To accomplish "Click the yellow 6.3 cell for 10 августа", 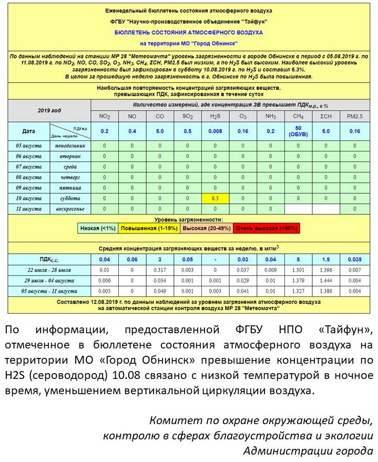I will (x=215, y=199).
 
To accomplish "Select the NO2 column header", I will (x=105, y=116).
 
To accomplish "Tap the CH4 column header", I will (x=298, y=116).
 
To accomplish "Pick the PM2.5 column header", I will (x=354, y=116).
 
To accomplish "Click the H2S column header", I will (x=215, y=116).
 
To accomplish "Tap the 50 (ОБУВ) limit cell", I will (x=298, y=131).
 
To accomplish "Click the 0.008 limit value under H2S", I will (x=215, y=131).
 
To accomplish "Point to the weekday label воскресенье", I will (x=70, y=209).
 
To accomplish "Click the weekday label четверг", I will (x=70, y=177).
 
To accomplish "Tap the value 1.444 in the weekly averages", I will (x=326, y=281).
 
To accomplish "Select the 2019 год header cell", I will (x=49, y=110).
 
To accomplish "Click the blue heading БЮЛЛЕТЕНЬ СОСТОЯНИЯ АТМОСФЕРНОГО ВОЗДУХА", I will (x=189, y=33).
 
